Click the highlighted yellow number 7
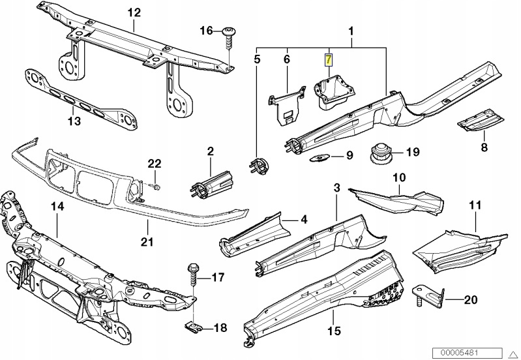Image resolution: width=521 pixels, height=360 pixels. click(330, 60)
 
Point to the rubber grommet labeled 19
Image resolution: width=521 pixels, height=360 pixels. click(379, 154)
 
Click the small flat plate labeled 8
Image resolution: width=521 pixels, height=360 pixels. click(478, 122)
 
